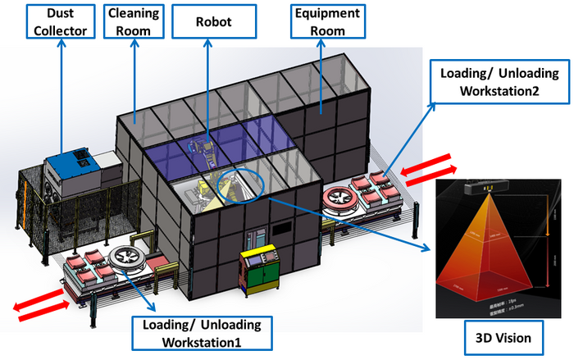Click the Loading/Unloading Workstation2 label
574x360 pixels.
pyautogui.click(x=490, y=81)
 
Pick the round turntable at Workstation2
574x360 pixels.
pyautogui.click(x=344, y=197)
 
